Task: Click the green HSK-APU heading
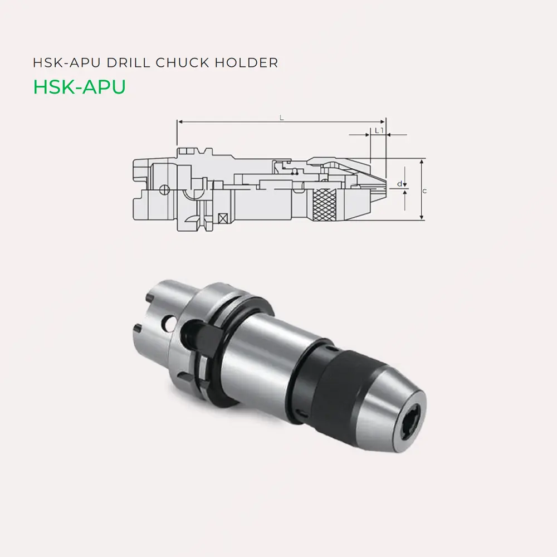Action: pos(79,87)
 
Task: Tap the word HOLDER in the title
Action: pos(249,63)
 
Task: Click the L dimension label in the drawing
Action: pos(282,118)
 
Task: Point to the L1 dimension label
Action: pos(378,130)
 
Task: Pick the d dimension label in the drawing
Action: pos(399,183)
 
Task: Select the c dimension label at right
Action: pos(425,191)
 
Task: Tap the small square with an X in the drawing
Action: pos(224,218)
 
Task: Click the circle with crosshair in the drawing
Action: pos(164,190)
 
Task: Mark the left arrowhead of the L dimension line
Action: pos(178,121)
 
